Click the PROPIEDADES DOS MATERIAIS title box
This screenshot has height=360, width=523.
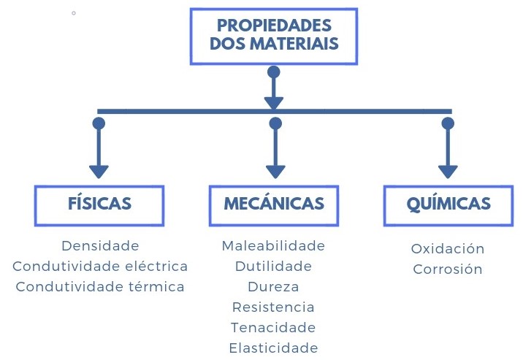click(x=274, y=37)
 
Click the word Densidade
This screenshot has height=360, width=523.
click(x=100, y=245)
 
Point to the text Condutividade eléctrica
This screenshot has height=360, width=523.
click(x=100, y=266)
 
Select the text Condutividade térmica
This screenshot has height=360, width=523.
click(x=100, y=286)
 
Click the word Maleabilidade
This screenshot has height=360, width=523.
click(x=273, y=245)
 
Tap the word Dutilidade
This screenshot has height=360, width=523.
click(x=273, y=266)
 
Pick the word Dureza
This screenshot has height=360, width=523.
click(x=273, y=286)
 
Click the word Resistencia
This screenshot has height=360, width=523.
click(x=273, y=307)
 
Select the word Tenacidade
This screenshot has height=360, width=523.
click(x=273, y=327)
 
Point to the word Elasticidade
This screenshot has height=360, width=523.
click(x=273, y=348)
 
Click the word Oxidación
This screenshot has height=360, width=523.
click(x=448, y=248)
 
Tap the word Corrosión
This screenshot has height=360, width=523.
click(x=448, y=269)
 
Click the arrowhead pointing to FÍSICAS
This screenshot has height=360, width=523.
click(x=99, y=172)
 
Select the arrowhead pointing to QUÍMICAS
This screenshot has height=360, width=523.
click(x=448, y=172)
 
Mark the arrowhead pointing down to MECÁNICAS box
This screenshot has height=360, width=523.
click(x=275, y=172)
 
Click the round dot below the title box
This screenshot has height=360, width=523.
click(x=274, y=72)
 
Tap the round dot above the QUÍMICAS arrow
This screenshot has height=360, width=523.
click(x=448, y=123)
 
